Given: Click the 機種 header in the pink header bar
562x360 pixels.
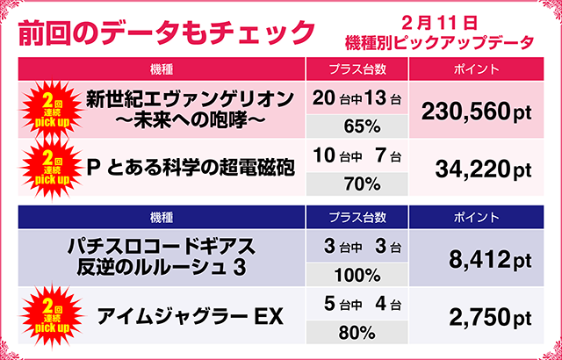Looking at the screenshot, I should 161,68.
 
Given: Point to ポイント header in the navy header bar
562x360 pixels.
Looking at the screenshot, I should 478,216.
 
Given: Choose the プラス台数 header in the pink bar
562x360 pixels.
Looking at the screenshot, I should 357,68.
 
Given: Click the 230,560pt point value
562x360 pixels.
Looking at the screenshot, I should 477,112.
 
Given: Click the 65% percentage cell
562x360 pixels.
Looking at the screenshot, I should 356,126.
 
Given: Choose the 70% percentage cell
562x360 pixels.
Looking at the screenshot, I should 356,184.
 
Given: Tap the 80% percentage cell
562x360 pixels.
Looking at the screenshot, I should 356,332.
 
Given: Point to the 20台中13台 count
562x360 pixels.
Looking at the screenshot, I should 356,97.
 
